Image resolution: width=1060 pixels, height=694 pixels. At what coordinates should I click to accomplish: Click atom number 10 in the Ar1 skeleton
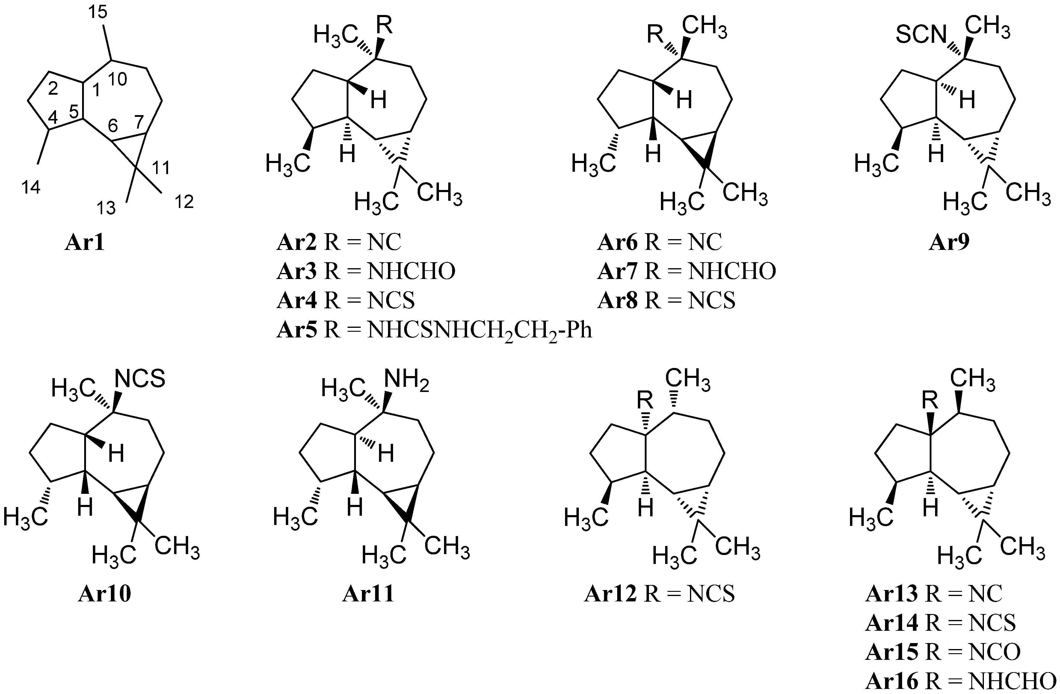[117, 80]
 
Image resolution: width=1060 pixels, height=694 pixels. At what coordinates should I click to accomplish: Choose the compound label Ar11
[368, 594]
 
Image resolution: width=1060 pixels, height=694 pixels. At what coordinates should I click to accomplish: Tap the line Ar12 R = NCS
[659, 594]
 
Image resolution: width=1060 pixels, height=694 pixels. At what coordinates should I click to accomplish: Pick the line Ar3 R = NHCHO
[366, 271]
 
